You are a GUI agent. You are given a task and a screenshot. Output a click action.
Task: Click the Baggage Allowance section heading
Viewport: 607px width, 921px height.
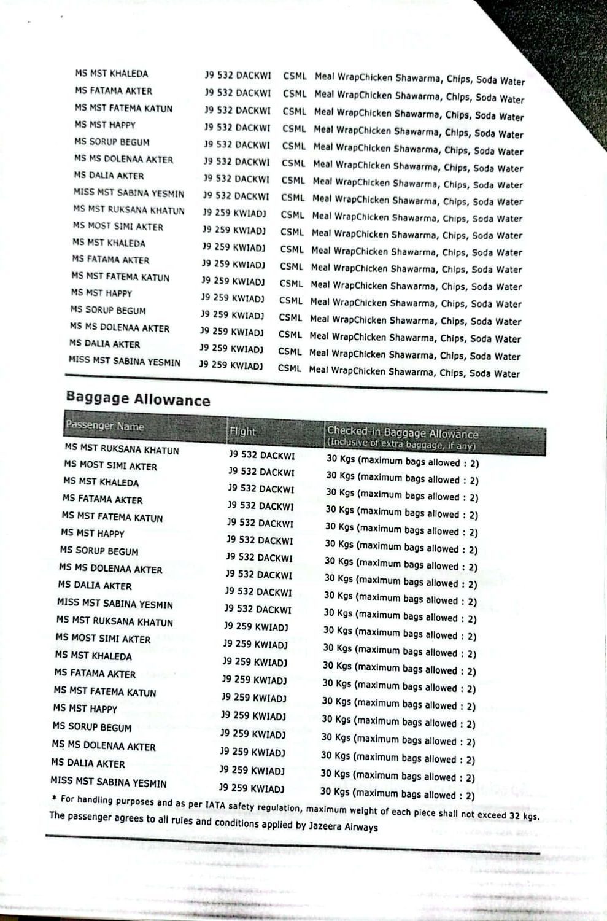click(138, 399)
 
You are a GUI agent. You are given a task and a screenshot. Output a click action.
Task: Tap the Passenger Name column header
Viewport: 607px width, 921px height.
click(105, 426)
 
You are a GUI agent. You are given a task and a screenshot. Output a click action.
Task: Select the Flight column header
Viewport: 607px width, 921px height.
click(242, 431)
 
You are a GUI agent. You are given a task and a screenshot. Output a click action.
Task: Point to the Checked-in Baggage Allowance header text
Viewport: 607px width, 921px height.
click(402, 433)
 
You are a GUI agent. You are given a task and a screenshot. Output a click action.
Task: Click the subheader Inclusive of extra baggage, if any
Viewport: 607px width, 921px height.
click(401, 445)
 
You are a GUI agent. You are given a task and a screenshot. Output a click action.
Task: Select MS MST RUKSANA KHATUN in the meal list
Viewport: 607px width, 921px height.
click(129, 210)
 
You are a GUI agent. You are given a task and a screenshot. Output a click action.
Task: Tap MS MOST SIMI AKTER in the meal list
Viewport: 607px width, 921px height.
click(118, 227)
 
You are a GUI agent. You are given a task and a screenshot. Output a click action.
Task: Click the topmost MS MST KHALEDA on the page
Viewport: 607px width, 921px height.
click(111, 74)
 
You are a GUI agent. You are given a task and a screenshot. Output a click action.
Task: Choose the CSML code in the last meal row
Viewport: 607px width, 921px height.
click(290, 368)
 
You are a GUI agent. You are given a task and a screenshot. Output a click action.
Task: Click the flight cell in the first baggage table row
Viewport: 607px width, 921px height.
click(261, 455)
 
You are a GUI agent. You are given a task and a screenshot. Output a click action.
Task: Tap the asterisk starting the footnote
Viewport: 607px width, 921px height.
click(54, 798)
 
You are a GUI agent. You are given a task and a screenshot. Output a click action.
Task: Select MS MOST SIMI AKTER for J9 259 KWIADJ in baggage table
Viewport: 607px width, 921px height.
click(103, 639)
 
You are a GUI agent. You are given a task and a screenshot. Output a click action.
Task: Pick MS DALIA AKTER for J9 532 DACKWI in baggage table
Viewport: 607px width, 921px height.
click(95, 586)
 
